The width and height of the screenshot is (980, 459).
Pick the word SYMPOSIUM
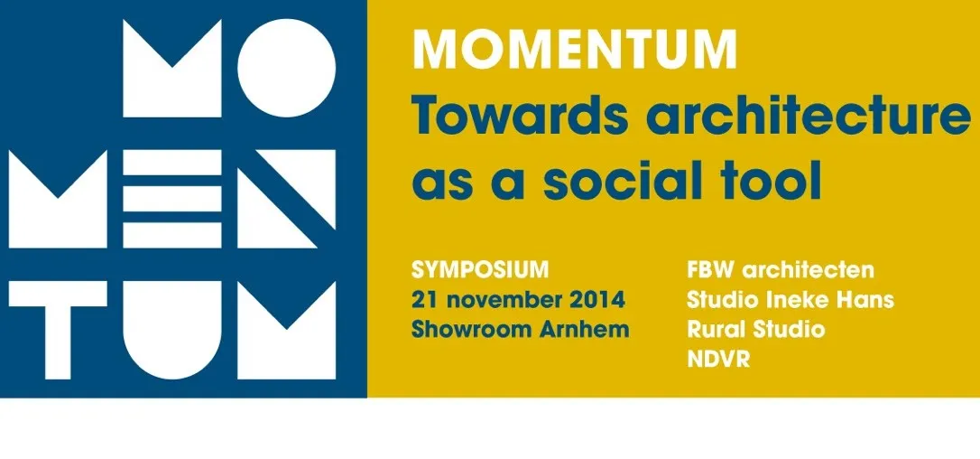point(480,269)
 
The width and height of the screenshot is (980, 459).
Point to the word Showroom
point(463,328)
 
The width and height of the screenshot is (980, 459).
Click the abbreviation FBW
point(708,269)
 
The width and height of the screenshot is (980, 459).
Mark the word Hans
point(869,298)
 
